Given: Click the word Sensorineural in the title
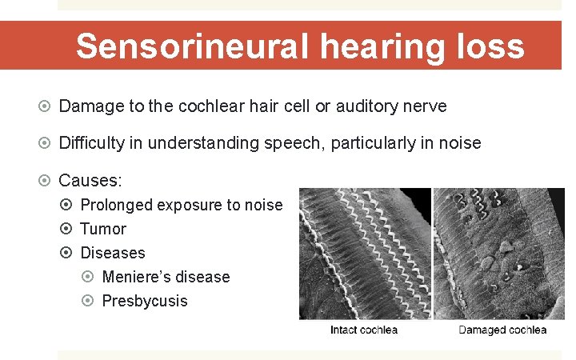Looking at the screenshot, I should pyautogui.click(x=192, y=46).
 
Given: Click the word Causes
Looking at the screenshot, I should pyautogui.click(x=90, y=180).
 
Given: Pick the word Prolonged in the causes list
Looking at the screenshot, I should pyautogui.click(x=116, y=205).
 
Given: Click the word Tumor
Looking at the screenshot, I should pyautogui.click(x=103, y=229).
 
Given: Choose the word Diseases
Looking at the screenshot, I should pyautogui.click(x=113, y=253).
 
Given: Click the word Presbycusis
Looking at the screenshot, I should pyautogui.click(x=145, y=301).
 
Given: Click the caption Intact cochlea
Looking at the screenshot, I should pyautogui.click(x=364, y=330).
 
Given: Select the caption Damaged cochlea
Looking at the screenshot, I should pyautogui.click(x=502, y=330).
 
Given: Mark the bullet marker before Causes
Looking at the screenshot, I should pyautogui.click(x=45, y=180).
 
